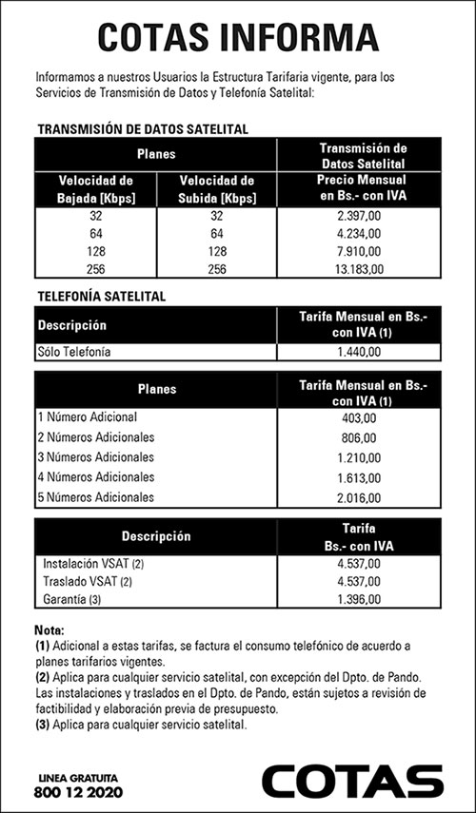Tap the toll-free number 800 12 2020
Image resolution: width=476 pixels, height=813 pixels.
point(78,792)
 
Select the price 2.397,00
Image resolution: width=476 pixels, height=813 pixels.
point(359,217)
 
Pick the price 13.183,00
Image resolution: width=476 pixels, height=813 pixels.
point(359,269)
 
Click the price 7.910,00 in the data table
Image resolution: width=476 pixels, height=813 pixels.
point(359,252)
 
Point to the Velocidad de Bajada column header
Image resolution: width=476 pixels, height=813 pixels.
point(95,188)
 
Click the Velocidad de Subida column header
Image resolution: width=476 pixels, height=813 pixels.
point(216,188)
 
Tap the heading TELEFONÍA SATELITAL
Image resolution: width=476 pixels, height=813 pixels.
point(101,296)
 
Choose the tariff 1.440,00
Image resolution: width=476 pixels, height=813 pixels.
point(359,352)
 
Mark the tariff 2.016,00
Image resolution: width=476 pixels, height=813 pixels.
point(359,495)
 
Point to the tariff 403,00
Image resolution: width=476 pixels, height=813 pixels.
point(359,417)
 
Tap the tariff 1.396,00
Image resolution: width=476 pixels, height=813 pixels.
point(359,599)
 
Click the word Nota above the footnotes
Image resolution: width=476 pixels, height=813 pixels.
point(50,630)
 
